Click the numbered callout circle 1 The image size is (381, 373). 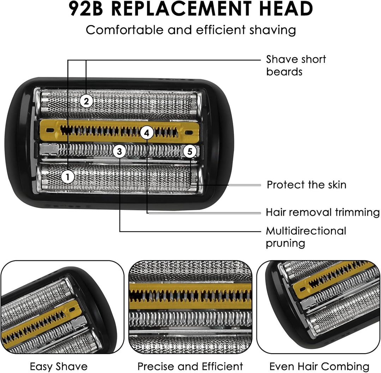(67, 177)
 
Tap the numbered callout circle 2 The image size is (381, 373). (86, 101)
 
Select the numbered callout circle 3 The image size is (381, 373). (119, 151)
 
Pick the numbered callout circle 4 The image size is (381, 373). (147, 133)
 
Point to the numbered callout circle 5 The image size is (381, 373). (190, 151)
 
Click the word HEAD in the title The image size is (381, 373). (286, 9)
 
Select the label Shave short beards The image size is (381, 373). (296, 65)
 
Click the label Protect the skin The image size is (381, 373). (307, 185)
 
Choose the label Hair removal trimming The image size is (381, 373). (322, 212)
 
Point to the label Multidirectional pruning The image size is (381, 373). (306, 237)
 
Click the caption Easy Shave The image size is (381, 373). (59, 366)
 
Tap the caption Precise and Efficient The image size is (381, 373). (190, 366)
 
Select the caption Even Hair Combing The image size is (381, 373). (319, 366)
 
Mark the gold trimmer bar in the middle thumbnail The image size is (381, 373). (190, 296)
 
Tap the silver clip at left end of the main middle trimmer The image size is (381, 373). (49, 149)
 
